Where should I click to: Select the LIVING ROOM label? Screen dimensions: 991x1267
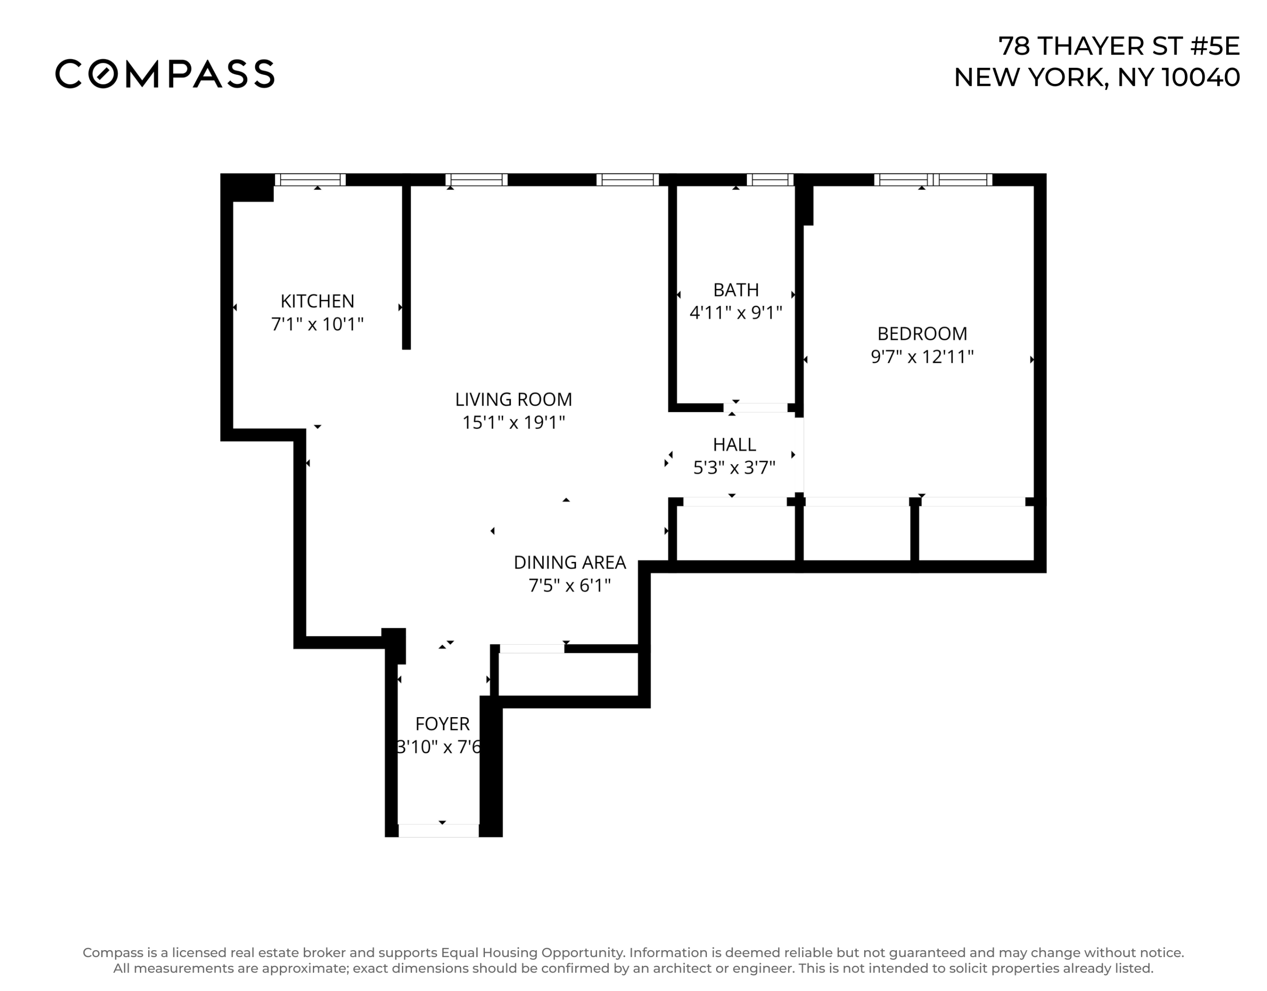coord(513,399)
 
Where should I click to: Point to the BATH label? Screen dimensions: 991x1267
coord(736,290)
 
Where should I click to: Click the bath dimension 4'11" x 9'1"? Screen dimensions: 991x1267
coord(736,313)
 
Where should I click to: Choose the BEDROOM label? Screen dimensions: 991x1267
coord(922,334)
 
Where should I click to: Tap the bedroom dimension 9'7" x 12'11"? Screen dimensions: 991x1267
coord(922,356)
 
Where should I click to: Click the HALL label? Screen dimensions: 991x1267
coord(734,445)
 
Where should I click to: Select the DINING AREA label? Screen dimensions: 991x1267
coord(569,562)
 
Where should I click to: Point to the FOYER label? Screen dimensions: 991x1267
coord(442,724)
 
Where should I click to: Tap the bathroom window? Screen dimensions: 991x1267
coord(769,180)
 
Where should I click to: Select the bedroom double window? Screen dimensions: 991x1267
coord(933,180)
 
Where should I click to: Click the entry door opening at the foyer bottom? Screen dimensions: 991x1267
coord(438,830)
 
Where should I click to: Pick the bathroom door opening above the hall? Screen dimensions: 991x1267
coord(756,408)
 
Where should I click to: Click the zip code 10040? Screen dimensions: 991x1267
coord(1201,77)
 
